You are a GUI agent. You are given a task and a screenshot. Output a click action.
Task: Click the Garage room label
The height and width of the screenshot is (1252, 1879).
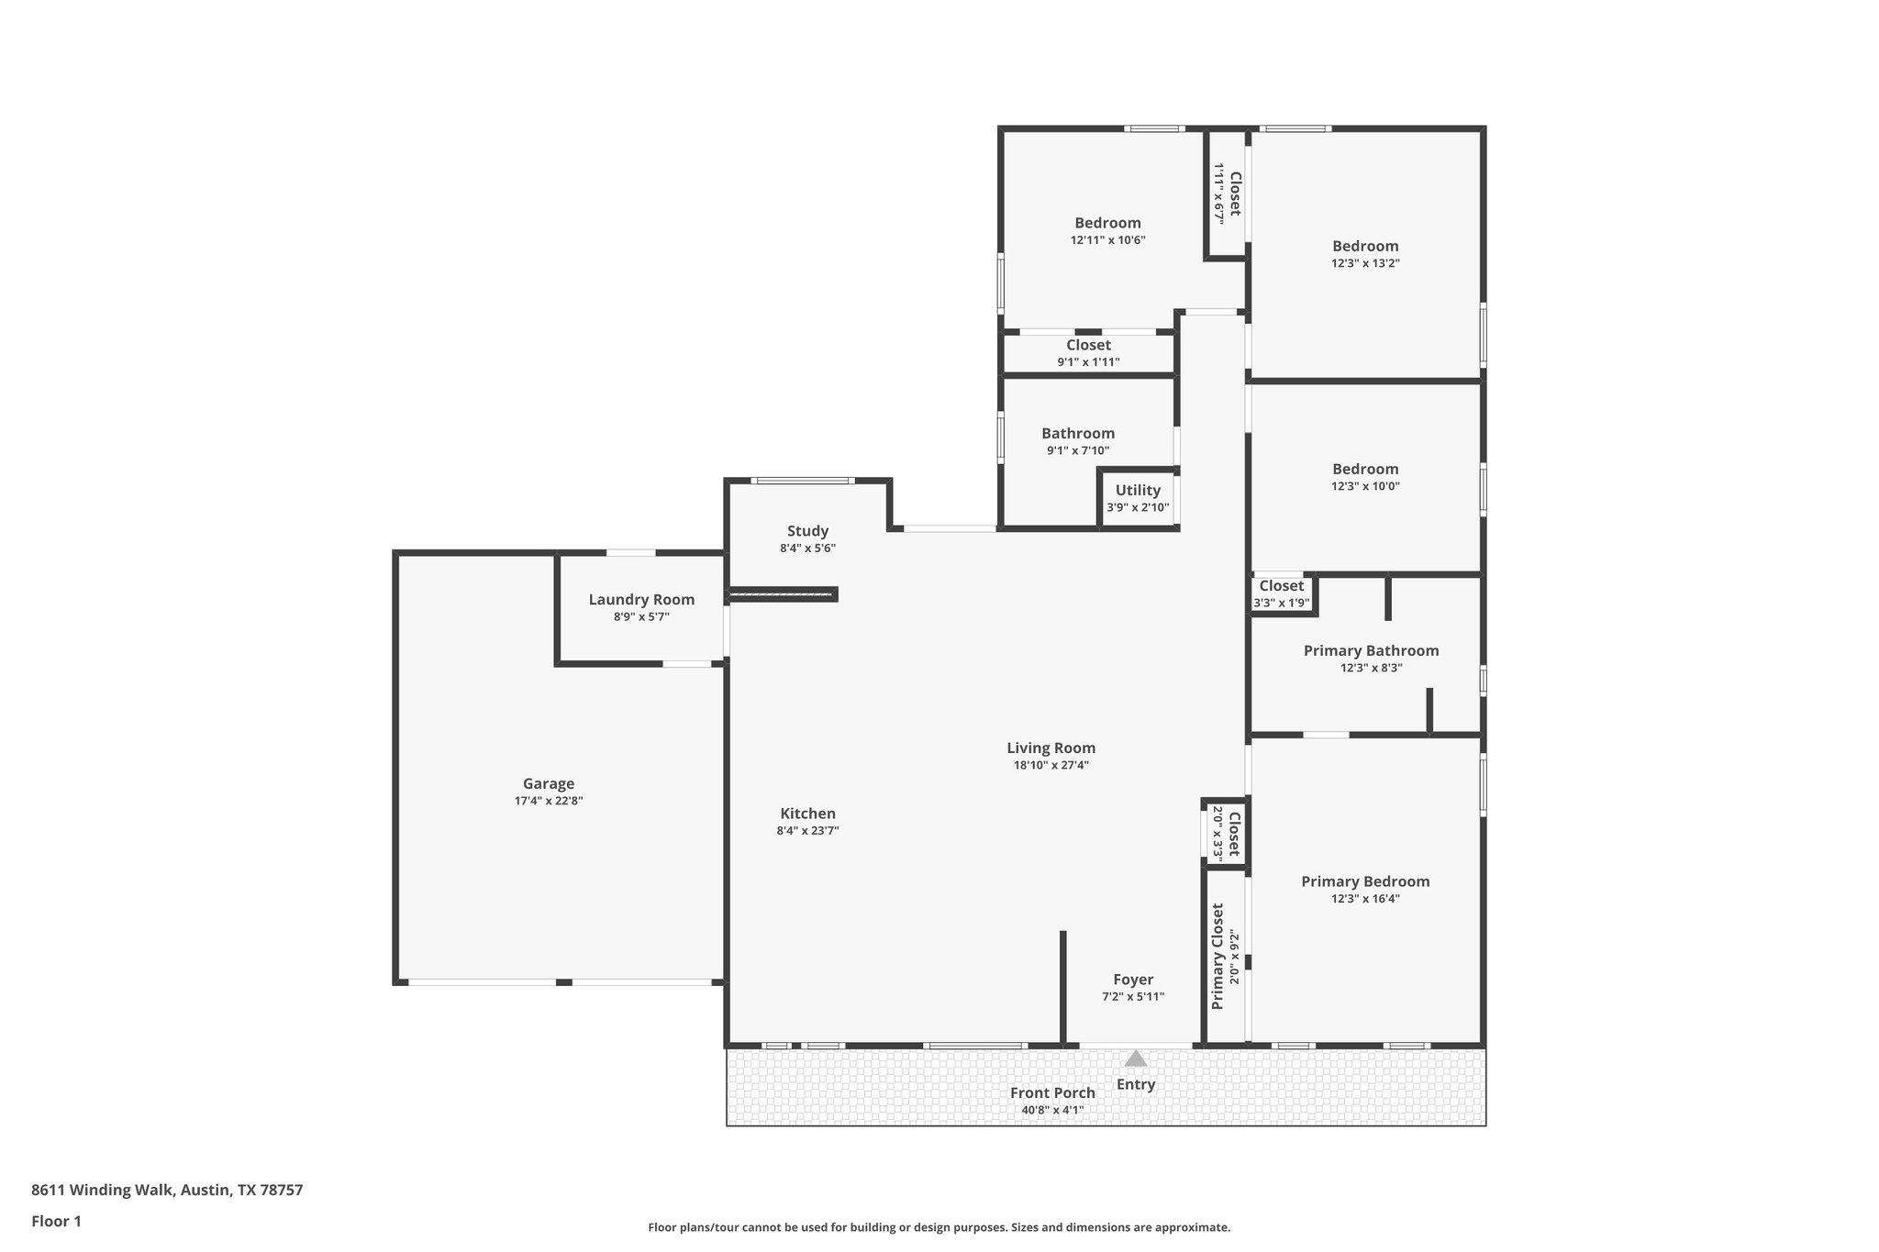click(x=549, y=783)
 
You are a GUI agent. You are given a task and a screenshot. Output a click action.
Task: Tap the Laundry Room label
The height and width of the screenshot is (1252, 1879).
click(x=641, y=600)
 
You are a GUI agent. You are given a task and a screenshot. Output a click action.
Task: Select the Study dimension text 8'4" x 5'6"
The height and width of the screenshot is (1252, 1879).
click(x=807, y=548)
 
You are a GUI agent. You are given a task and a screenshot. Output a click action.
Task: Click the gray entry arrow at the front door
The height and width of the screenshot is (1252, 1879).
click(x=1136, y=1058)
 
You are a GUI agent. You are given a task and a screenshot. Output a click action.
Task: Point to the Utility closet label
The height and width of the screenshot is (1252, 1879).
click(x=1138, y=490)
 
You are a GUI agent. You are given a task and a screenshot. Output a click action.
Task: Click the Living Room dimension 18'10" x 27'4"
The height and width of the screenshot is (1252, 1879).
click(x=1051, y=765)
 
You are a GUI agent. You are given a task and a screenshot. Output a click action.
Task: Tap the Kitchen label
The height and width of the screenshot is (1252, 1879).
click(x=807, y=814)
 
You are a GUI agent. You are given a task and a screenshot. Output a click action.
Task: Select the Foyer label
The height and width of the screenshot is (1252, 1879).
click(x=1133, y=980)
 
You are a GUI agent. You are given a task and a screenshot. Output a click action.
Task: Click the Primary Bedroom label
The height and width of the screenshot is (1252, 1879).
click(x=1365, y=881)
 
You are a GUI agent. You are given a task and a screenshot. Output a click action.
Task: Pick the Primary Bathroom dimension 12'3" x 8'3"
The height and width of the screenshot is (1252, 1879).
click(x=1371, y=669)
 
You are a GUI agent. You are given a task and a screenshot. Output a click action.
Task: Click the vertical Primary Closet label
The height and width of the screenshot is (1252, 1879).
click(x=1218, y=957)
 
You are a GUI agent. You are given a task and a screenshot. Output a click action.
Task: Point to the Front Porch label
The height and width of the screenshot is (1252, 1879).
click(x=1052, y=1092)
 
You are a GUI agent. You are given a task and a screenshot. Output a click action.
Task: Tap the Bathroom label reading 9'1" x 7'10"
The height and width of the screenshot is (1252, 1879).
click(x=1078, y=434)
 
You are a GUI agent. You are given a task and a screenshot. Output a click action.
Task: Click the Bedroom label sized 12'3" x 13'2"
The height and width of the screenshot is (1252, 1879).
click(x=1365, y=246)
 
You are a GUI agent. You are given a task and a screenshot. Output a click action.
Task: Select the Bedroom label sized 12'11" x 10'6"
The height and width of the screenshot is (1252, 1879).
click(x=1107, y=223)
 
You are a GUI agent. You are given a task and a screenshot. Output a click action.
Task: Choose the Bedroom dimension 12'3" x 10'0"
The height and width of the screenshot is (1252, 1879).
click(x=1365, y=487)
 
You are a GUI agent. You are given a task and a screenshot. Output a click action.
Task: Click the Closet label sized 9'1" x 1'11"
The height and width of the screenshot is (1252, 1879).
click(x=1088, y=345)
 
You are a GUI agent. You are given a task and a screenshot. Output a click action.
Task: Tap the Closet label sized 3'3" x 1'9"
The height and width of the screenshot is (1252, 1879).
click(x=1281, y=586)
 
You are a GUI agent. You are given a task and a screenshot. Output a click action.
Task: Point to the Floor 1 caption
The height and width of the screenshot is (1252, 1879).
click(x=57, y=1221)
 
